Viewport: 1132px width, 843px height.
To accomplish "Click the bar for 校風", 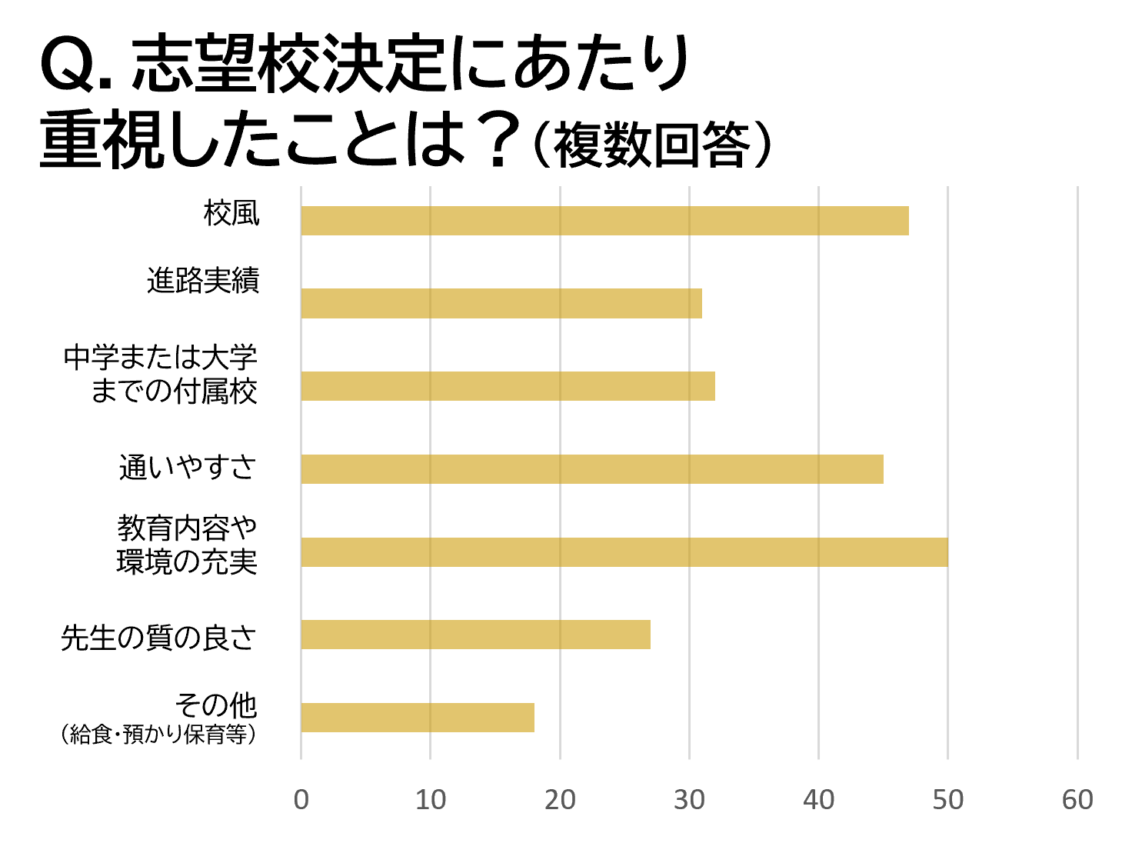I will click(x=604, y=221).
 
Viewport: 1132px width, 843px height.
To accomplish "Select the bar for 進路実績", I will click(x=501, y=304).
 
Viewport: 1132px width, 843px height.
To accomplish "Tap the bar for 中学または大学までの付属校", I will click(x=508, y=386).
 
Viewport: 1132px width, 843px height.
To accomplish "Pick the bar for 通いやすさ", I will click(x=592, y=469).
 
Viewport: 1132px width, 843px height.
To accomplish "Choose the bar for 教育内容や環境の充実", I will click(x=624, y=552).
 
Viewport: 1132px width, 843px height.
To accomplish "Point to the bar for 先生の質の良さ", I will click(x=475, y=635).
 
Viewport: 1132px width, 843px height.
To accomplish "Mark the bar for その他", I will click(x=418, y=718).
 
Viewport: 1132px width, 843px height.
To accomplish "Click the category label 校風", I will click(x=231, y=213).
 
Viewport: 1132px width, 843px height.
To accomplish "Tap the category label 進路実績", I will click(x=203, y=281).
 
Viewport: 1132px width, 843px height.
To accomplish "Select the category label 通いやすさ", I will click(x=188, y=467).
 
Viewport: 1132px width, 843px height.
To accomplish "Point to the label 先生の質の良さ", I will click(x=158, y=638).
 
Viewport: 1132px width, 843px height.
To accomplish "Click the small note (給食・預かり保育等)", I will click(x=158, y=735).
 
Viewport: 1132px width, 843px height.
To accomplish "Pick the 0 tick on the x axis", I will click(x=301, y=800).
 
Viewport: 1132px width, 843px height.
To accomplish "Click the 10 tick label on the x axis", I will click(x=431, y=800).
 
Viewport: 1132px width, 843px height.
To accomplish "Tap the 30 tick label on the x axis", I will click(x=689, y=800).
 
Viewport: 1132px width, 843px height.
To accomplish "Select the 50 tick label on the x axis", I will click(x=947, y=800).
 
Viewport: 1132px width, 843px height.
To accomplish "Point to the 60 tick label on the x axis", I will click(x=1077, y=800).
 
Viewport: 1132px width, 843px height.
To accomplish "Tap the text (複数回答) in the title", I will click(x=651, y=145).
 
